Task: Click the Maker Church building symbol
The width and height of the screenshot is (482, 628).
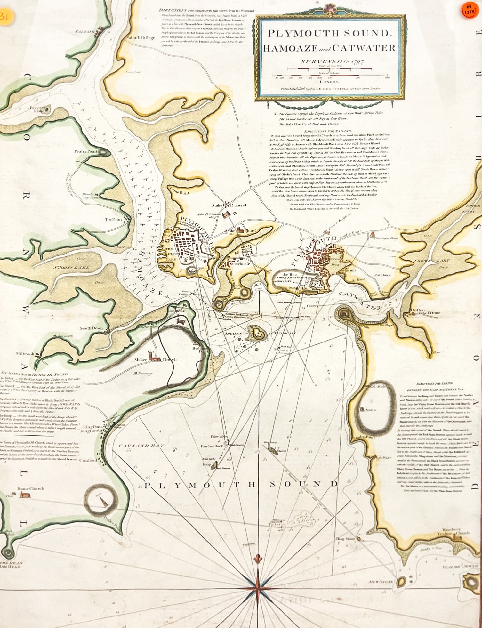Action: pyautogui.click(x=155, y=359)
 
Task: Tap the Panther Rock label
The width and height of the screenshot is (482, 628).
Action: pyautogui.click(x=211, y=446)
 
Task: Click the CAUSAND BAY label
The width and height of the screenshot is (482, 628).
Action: pyautogui.click(x=141, y=446)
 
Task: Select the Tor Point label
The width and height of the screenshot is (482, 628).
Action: pyautogui.click(x=114, y=220)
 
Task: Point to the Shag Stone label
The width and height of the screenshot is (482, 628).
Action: pyautogui.click(x=345, y=539)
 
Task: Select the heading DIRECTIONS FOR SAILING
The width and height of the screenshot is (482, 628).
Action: pyautogui.click(x=328, y=131)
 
